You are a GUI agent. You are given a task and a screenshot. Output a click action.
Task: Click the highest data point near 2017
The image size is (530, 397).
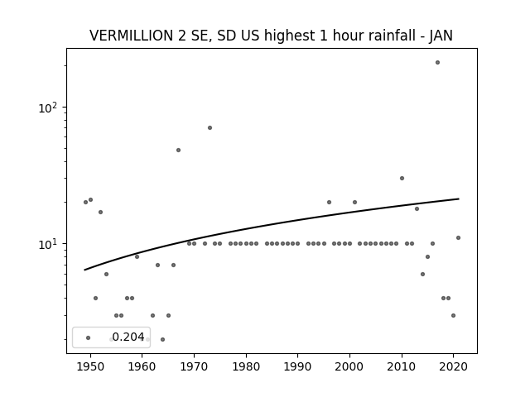[x=437, y=63]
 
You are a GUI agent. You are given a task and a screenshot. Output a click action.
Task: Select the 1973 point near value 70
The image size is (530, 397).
[x=210, y=127]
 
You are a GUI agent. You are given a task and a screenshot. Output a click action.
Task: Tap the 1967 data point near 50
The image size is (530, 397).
[x=179, y=151]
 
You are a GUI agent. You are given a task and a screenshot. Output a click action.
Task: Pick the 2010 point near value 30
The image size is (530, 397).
[x=402, y=179]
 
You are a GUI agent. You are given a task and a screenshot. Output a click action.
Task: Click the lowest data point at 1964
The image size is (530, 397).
[x=162, y=339]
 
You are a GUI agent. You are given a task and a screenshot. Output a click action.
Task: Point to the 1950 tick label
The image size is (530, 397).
[x=90, y=366]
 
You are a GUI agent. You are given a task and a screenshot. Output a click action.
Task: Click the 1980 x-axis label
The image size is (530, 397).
[x=246, y=366]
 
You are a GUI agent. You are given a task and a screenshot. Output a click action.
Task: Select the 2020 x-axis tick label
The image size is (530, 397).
[x=453, y=366]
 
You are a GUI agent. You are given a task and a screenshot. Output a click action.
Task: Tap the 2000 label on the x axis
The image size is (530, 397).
[x=349, y=366]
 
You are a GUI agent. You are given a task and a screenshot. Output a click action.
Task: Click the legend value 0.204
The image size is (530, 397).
[x=128, y=337]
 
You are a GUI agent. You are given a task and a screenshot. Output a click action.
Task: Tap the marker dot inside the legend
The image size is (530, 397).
[x=89, y=337]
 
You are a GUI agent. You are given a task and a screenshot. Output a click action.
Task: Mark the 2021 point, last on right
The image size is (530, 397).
[x=458, y=237]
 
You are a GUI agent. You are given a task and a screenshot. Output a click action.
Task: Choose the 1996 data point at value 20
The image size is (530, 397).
[x=330, y=202]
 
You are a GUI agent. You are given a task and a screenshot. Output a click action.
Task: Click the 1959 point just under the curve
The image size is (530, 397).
[x=137, y=256]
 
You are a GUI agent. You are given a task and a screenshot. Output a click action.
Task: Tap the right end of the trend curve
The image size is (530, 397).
[x=459, y=198]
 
